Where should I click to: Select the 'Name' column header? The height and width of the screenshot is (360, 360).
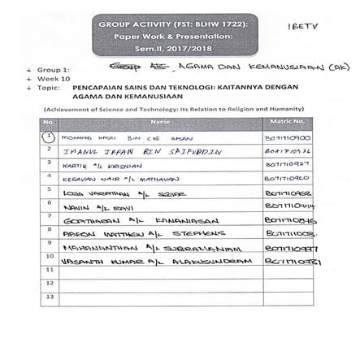[160, 122]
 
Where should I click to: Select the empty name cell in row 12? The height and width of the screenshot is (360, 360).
[160, 284]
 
